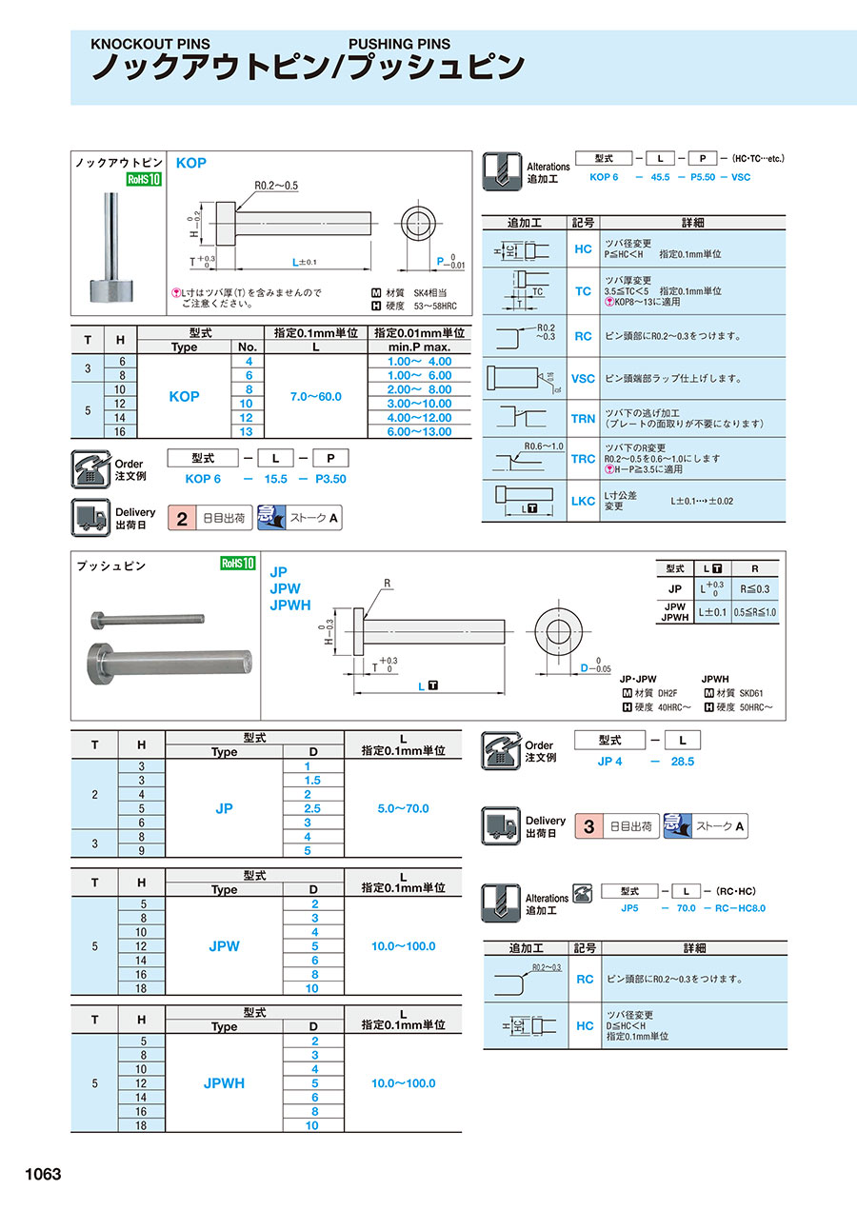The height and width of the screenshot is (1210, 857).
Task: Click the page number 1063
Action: (37, 1175)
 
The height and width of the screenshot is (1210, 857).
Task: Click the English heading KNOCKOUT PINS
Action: (150, 44)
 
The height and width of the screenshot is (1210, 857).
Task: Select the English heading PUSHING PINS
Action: (399, 44)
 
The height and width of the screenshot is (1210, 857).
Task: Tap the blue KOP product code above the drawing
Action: (190, 163)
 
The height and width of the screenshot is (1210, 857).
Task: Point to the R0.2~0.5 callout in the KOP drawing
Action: (276, 186)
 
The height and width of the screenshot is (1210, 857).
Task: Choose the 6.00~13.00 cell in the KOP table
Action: (419, 432)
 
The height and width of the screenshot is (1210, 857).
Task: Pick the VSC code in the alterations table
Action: (583, 378)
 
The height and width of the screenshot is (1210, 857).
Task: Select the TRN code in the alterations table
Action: (583, 419)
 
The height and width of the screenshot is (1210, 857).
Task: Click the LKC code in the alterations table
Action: (583, 501)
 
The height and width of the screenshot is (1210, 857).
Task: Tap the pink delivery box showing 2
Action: (180, 519)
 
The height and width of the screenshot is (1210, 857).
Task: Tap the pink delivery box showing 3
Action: (588, 826)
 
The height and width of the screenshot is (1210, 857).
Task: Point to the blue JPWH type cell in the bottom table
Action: (224, 1083)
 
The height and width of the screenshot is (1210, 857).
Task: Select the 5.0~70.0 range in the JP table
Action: (403, 808)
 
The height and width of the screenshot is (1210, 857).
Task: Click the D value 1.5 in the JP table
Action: (309, 781)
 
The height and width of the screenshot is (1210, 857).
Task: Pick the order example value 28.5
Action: (684, 762)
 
